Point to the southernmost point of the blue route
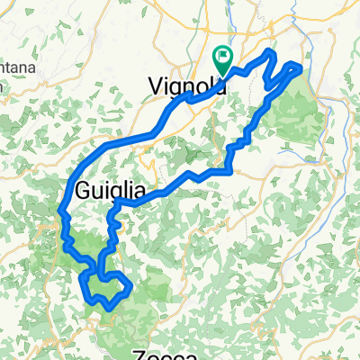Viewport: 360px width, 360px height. pos(109,309)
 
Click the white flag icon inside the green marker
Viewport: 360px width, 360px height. pos(222,57)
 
